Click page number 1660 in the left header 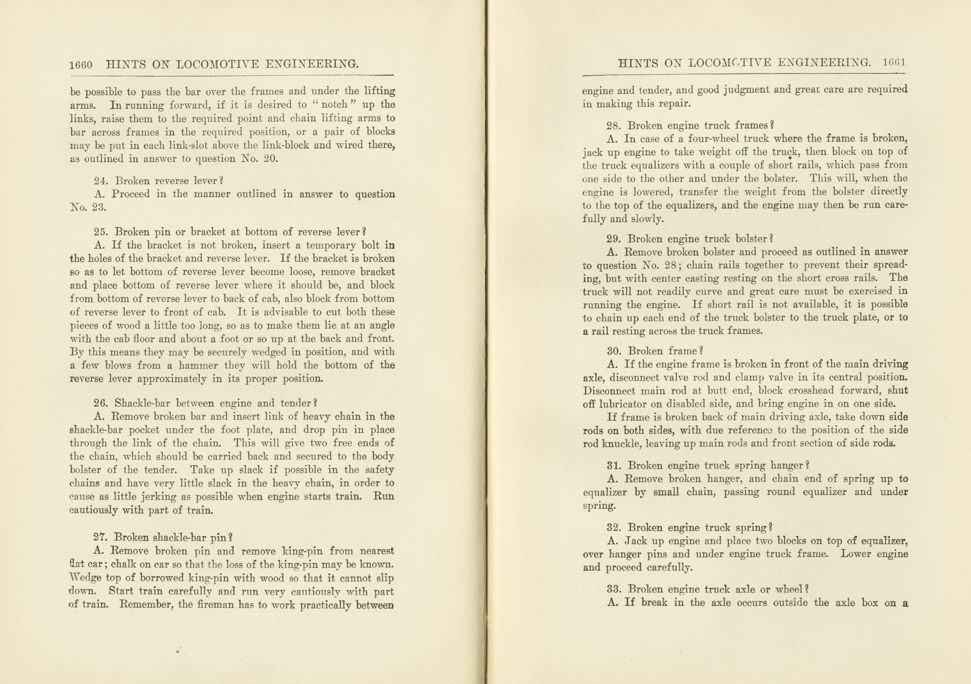point(81,65)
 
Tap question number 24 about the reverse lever point(100,181)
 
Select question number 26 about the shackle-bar point(100,403)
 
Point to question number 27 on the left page point(100,537)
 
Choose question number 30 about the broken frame point(613,351)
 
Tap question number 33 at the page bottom point(613,589)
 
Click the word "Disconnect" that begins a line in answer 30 point(609,391)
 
